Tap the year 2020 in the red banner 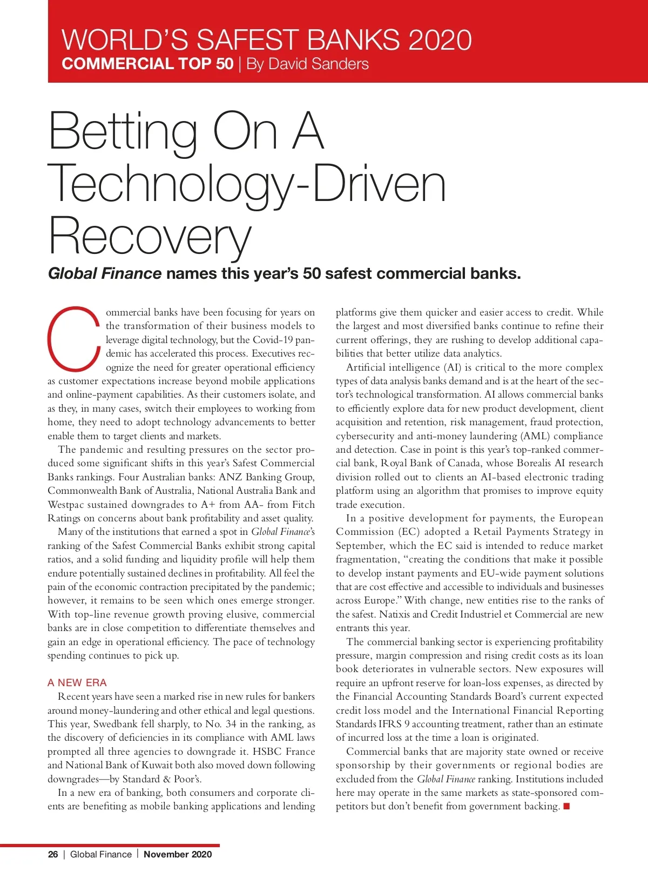[x=440, y=40]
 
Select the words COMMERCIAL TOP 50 [x=147, y=64]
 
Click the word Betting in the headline [x=123, y=132]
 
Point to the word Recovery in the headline [x=150, y=237]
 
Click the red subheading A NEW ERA [x=77, y=682]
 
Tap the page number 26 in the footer [x=53, y=854]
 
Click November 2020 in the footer [x=178, y=854]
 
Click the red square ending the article [x=566, y=807]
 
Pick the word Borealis [x=534, y=463]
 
